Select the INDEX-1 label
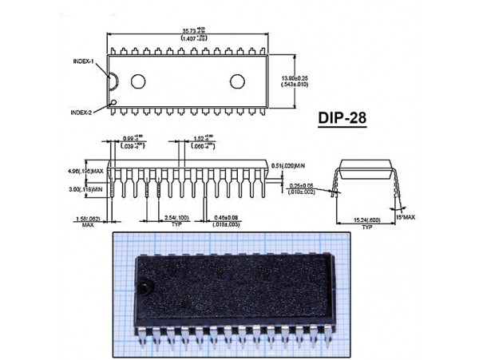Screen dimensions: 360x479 83,61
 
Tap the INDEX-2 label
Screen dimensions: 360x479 81,112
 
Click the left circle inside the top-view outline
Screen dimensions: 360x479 138,80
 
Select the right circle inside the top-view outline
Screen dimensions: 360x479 238,80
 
